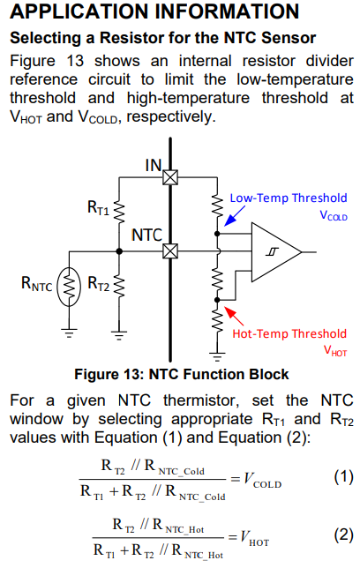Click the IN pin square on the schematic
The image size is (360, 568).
pos(170,177)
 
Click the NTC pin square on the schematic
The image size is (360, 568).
pos(170,251)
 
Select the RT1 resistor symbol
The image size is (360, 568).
pos(119,212)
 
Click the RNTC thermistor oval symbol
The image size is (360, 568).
pos(69,287)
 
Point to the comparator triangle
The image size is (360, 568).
pos(276,252)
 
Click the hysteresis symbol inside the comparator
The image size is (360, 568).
pos(272,251)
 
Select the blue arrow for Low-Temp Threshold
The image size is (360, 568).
pos(235,216)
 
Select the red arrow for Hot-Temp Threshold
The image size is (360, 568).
pos(234,316)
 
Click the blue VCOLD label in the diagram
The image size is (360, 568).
pos(334,215)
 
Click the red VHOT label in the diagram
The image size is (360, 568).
pos(335,351)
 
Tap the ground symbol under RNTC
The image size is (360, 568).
pos(69,333)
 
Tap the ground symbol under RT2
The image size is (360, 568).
pos(119,335)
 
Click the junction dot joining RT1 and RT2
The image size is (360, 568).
pos(119,251)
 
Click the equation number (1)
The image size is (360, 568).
pos(343,476)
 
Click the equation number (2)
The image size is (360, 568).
pos(343,535)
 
